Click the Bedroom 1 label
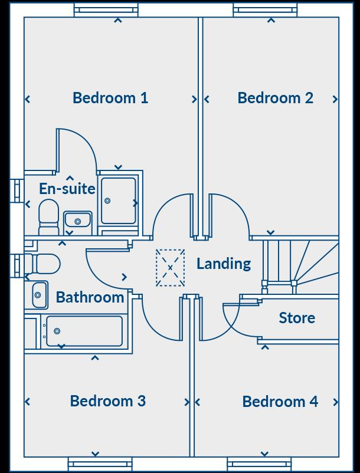click(x=110, y=98)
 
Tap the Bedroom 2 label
click(x=276, y=98)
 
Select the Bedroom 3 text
click(x=108, y=401)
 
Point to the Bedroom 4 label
click(x=280, y=402)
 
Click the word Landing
click(x=224, y=264)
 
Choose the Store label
click(x=297, y=318)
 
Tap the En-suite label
click(x=67, y=189)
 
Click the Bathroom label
click(x=90, y=297)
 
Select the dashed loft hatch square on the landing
click(x=171, y=268)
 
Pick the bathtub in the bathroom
click(x=84, y=331)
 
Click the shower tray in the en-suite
click(x=119, y=201)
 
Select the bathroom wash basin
click(x=40, y=294)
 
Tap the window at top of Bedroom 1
click(x=106, y=10)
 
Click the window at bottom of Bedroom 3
click(x=99, y=464)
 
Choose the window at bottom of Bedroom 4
click(x=259, y=464)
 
